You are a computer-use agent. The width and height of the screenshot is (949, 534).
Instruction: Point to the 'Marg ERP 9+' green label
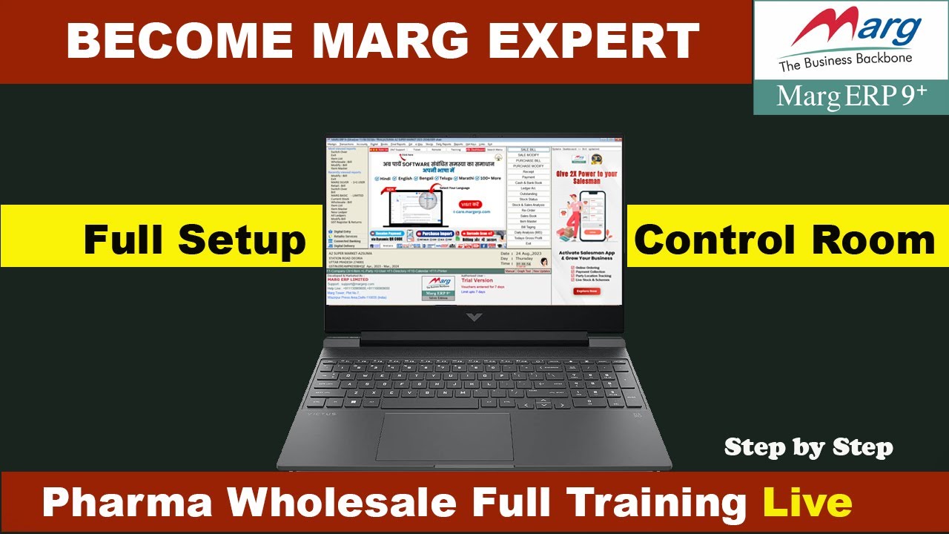[851, 96]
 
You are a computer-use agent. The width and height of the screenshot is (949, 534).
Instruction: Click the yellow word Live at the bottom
[807, 502]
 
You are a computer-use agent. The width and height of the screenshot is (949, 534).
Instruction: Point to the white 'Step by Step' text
[808, 447]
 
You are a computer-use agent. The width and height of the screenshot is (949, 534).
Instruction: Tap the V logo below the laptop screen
[474, 317]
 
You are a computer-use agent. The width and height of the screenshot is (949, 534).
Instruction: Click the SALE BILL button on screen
[528, 150]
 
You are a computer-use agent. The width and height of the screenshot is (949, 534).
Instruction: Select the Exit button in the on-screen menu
[528, 243]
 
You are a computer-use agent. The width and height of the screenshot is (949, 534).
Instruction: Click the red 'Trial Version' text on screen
[477, 280]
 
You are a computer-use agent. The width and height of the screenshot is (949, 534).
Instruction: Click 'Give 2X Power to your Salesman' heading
[586, 177]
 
